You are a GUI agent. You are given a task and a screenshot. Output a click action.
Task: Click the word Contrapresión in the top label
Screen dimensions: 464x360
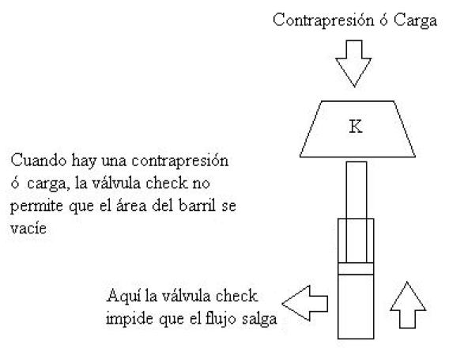(x=323, y=21)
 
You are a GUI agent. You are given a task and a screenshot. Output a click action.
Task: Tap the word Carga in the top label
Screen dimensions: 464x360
(x=416, y=21)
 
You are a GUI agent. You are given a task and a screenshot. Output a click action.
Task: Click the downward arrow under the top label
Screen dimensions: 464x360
(x=353, y=63)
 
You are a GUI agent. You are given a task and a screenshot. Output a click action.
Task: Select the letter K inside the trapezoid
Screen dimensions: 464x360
(x=356, y=127)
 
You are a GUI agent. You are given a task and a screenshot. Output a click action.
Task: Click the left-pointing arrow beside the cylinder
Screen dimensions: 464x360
(x=305, y=303)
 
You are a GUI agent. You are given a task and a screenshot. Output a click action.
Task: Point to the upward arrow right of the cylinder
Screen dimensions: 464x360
(x=408, y=305)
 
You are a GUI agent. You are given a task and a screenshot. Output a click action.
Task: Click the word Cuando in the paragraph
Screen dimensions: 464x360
(x=39, y=161)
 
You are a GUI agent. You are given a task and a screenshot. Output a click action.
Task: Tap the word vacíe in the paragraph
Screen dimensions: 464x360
(x=28, y=229)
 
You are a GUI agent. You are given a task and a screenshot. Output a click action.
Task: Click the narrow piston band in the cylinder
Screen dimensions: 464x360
(x=356, y=268)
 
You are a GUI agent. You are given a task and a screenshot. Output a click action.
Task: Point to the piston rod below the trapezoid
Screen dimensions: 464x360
(x=356, y=212)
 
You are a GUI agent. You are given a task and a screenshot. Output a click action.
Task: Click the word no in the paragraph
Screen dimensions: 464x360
(x=202, y=184)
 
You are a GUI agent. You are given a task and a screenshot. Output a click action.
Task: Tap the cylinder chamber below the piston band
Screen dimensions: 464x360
(x=356, y=306)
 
